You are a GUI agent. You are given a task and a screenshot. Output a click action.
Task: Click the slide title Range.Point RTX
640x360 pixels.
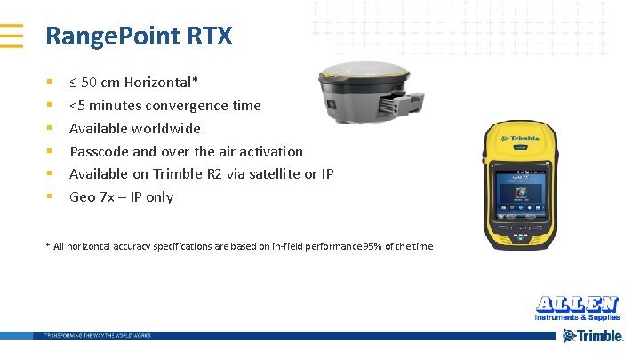(138, 36)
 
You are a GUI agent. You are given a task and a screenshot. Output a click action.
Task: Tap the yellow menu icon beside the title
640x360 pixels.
(12, 35)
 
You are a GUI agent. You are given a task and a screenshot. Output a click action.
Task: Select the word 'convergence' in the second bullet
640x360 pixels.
(174, 106)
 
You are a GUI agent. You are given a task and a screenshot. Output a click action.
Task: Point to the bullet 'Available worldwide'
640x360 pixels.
(135, 129)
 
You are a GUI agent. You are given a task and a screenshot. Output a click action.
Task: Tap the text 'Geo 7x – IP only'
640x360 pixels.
(121, 197)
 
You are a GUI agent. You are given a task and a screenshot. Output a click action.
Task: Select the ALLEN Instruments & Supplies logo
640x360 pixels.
(576, 308)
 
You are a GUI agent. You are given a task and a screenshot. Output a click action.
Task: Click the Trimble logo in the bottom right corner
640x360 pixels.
(592, 337)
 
